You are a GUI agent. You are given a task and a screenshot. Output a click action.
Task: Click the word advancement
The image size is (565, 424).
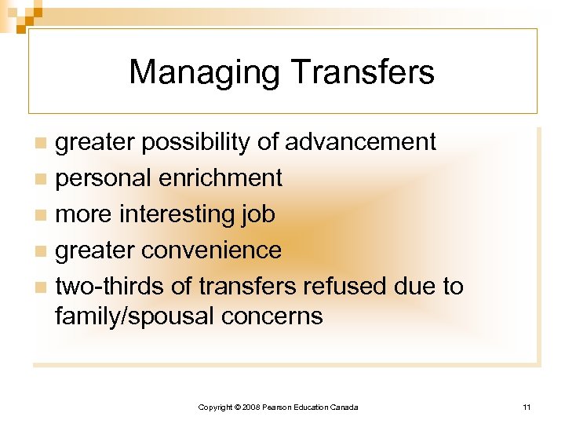click(x=360, y=142)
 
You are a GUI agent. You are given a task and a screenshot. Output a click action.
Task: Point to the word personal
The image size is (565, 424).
click(x=104, y=178)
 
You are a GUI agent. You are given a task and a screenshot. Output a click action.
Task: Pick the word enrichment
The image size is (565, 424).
click(x=221, y=178)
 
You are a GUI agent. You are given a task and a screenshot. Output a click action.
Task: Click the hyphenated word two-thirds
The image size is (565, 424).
click(x=110, y=287)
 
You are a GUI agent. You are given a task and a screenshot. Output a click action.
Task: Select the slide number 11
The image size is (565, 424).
click(x=527, y=407)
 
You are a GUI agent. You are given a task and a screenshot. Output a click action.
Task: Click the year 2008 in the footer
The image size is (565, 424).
click(x=251, y=407)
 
